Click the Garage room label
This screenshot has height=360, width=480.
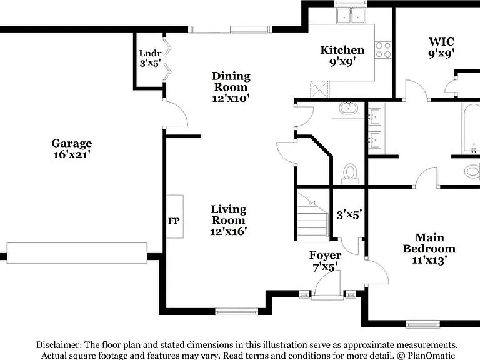(x=72, y=143)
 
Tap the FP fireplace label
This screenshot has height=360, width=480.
(x=174, y=221)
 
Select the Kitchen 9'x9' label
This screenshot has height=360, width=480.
(x=342, y=56)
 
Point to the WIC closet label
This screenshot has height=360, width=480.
(x=441, y=42)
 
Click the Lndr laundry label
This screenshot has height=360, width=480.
(x=150, y=53)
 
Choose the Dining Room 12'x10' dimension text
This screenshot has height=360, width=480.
(x=231, y=98)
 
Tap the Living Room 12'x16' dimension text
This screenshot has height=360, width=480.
(x=228, y=231)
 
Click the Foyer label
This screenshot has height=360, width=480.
(x=325, y=255)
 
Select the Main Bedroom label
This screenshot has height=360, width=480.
(x=429, y=243)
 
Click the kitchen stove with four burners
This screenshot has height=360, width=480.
(x=383, y=50)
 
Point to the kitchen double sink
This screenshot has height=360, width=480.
(x=351, y=15)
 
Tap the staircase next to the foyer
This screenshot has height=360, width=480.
(x=312, y=216)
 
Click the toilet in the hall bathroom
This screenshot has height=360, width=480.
(x=350, y=173)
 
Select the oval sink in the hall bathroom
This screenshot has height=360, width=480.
(x=348, y=107)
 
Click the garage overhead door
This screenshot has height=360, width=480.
(x=77, y=253)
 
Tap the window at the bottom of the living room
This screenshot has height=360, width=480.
(x=237, y=312)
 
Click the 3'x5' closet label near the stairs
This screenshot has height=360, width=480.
(x=349, y=214)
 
